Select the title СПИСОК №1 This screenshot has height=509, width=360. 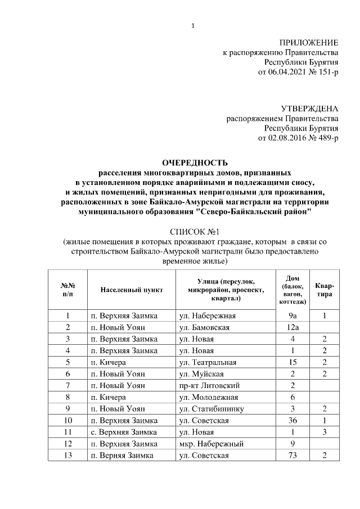(x=193, y=232)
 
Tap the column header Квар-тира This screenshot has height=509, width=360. (x=325, y=290)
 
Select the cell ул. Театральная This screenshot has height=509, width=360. (x=207, y=362)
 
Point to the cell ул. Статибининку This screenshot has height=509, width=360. (x=211, y=409)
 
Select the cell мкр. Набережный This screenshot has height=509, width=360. (x=208, y=444)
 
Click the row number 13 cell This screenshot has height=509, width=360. (x=67, y=456)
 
